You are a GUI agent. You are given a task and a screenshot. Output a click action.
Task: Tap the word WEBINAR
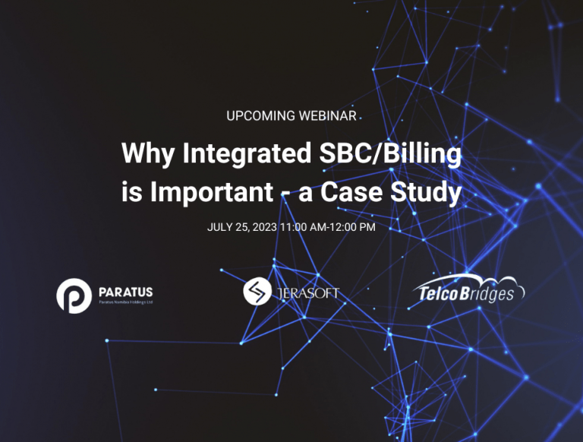(x=326, y=116)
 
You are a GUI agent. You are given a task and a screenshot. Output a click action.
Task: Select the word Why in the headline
(x=147, y=153)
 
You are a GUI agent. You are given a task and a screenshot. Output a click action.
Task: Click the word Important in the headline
(x=212, y=192)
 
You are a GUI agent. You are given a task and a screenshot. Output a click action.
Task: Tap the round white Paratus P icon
(x=74, y=295)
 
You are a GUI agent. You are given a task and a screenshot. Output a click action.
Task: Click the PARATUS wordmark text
(x=125, y=291)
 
